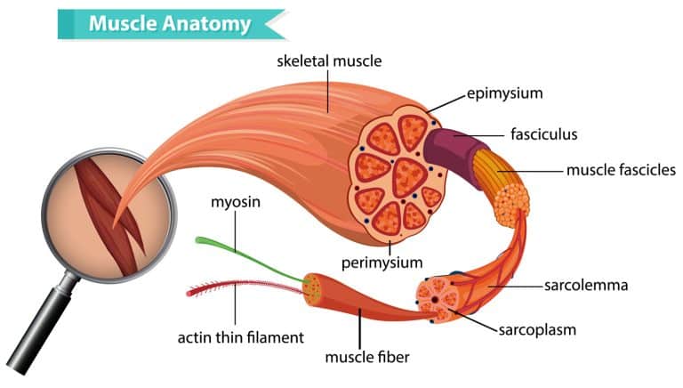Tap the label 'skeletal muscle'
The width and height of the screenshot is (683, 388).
click(328, 61)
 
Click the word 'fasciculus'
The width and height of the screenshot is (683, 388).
click(544, 134)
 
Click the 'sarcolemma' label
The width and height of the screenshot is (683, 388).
click(586, 286)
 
